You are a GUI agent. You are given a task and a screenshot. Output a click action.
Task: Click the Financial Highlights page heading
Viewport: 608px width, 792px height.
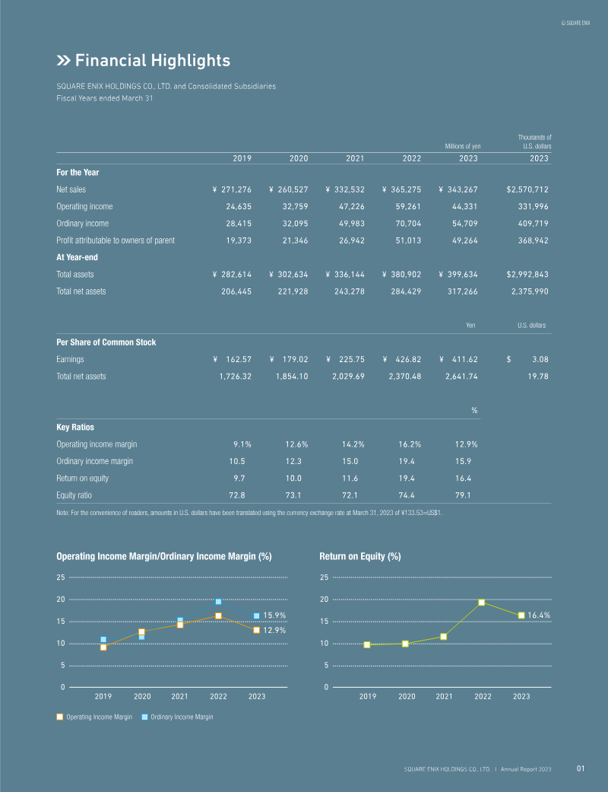point(144,60)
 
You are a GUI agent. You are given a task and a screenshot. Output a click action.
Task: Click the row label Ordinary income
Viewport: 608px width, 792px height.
point(82,223)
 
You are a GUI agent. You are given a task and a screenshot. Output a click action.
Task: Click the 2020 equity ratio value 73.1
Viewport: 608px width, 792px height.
point(293,495)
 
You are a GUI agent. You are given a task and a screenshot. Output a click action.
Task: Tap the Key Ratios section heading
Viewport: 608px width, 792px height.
point(75,428)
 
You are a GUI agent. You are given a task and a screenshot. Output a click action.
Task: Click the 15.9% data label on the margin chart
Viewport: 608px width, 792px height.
point(274,615)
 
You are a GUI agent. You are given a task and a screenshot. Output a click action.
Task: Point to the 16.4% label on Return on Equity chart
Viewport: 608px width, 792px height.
point(539,615)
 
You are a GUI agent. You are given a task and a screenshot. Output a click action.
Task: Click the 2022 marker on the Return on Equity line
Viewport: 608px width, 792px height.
point(482,603)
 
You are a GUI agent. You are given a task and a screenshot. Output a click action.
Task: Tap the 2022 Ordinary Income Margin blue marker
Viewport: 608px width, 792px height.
point(218,602)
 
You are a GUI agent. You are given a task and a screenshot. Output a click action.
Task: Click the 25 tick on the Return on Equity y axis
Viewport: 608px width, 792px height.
point(324,577)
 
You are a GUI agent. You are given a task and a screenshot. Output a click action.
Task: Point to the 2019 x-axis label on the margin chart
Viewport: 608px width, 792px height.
point(103,696)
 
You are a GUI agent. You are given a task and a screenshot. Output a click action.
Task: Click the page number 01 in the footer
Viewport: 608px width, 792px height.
point(580,768)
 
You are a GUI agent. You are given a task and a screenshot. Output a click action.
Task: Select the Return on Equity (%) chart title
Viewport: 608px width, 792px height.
point(360,557)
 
